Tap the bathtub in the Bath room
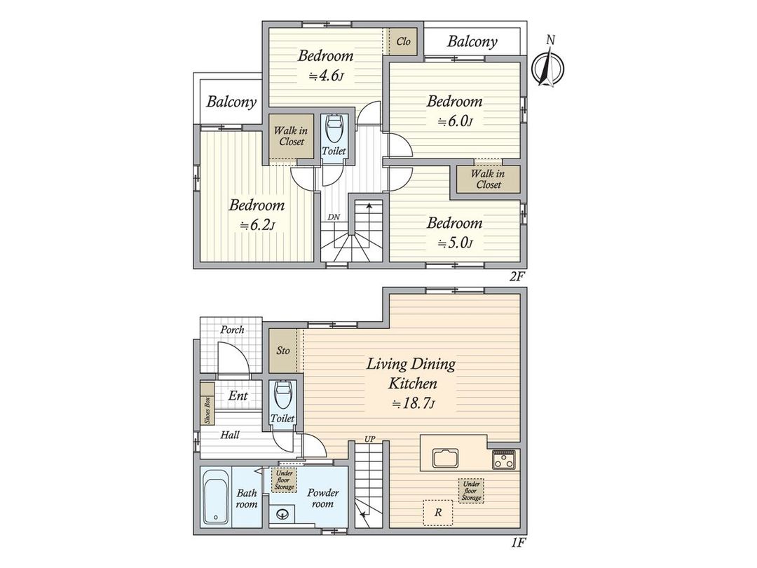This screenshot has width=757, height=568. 215,496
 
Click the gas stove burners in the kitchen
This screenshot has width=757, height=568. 504,459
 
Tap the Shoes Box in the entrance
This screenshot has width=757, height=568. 207,404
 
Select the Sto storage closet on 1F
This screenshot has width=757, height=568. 283,351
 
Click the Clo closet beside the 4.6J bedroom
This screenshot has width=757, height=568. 404,41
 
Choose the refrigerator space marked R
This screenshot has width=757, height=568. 438,513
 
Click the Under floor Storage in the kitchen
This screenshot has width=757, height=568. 471,491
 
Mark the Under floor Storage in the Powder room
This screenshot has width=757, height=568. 285,480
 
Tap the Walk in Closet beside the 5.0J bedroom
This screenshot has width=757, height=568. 488,180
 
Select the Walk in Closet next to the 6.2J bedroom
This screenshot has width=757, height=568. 292,136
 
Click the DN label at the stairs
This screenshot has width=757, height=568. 334,217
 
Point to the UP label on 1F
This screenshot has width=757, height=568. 370,440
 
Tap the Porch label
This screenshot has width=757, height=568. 232,330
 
